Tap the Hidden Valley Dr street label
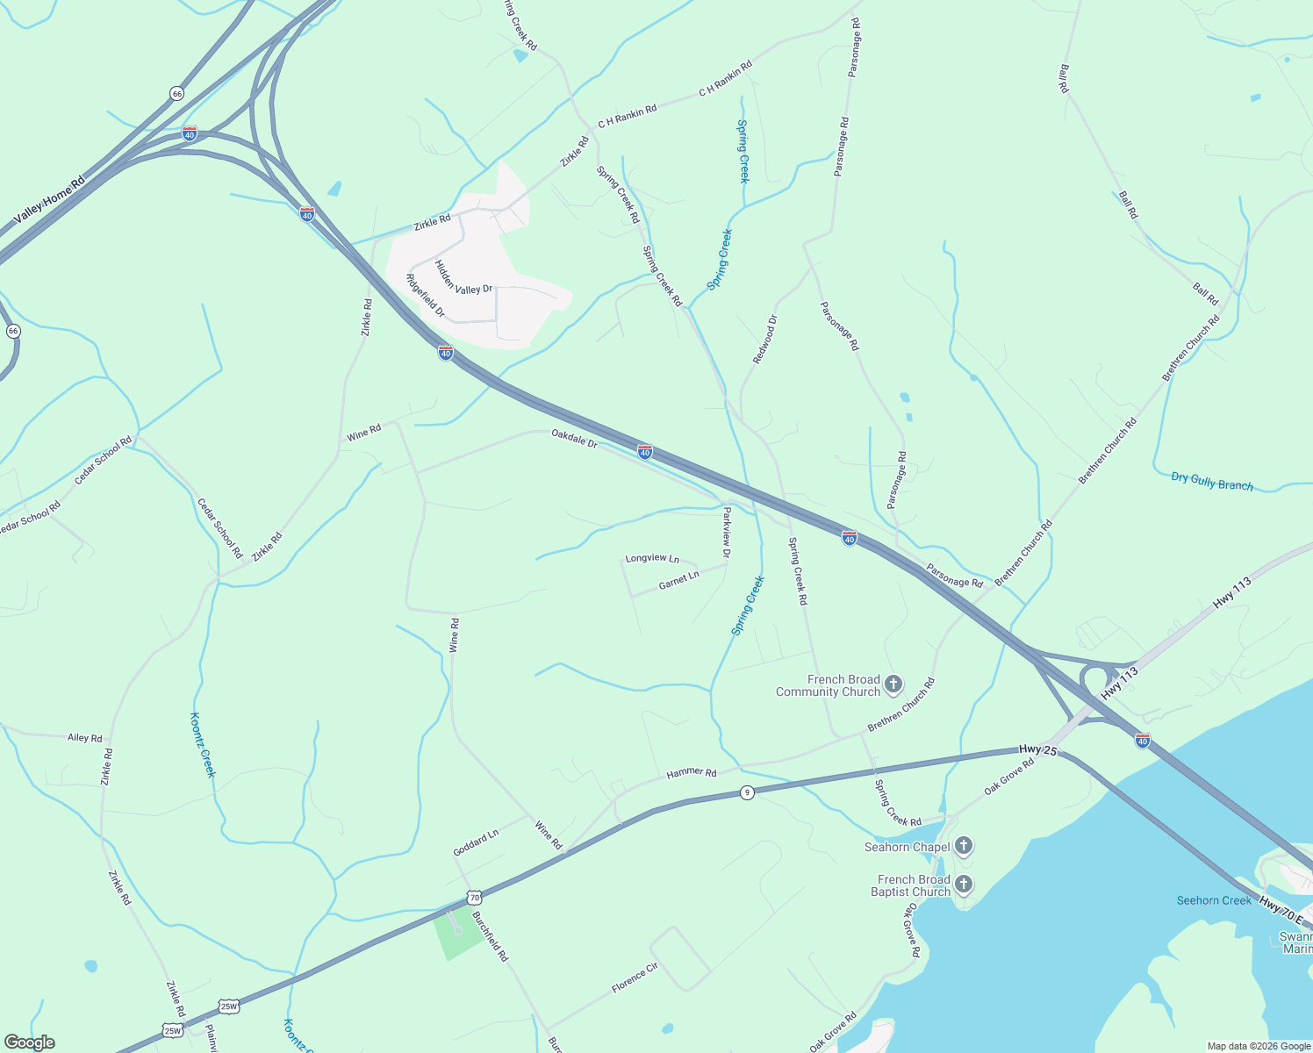coord(463,277)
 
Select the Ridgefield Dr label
coord(426,296)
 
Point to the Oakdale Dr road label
coord(574,438)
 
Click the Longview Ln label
coord(652,559)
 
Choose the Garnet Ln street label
coord(678,580)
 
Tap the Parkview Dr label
coord(726,531)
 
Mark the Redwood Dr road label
coord(764,340)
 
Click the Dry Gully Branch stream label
coord(1212,482)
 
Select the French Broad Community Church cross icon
coord(893,684)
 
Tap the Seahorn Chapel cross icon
coord(964,846)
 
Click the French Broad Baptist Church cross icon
coord(964,884)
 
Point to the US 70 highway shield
coord(474,898)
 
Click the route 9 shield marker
coord(747,792)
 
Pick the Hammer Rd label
coord(692,772)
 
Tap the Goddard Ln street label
coord(476,843)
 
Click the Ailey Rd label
coord(85,738)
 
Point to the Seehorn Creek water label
coord(1214,900)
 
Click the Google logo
coord(30,1042)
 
